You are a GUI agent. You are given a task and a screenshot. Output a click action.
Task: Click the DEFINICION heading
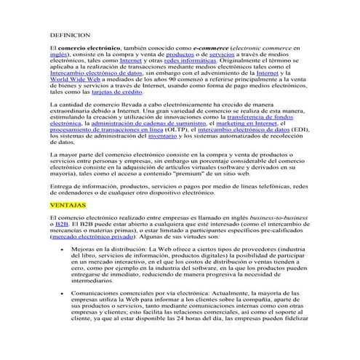[x=69, y=34]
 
